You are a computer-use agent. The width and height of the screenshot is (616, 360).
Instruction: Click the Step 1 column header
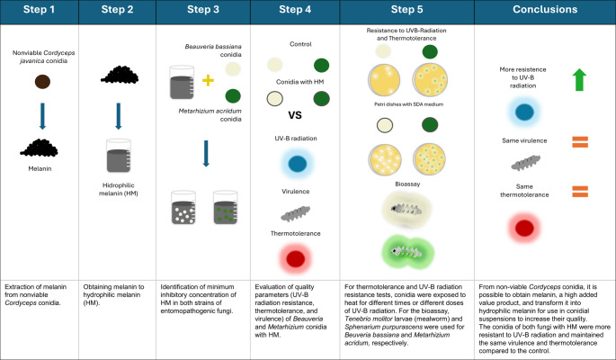39,9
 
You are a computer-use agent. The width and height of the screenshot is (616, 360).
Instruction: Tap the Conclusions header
545,9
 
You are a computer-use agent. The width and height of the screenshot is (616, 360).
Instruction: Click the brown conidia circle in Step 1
42,82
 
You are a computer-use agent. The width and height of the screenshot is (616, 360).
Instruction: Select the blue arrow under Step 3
206,153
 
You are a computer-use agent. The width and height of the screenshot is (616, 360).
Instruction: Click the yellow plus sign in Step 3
208,80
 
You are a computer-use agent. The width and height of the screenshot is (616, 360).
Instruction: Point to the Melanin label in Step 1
40,168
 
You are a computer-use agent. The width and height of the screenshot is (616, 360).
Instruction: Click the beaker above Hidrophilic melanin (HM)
118,156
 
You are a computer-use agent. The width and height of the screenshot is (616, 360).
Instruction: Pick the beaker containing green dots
226,208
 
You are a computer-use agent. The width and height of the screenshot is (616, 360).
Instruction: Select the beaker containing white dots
183,208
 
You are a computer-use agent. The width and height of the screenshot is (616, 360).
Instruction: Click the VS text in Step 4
295,115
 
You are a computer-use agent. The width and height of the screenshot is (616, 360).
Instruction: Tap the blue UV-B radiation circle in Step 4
298,164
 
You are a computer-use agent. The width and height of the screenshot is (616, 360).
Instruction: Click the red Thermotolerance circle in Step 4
296,259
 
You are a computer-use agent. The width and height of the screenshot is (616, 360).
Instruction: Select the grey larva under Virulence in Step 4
296,214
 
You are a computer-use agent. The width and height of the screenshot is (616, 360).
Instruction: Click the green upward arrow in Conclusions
579,80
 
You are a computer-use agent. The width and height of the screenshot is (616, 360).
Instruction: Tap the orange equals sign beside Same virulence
580,142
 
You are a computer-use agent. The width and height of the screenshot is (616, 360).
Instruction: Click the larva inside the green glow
407,251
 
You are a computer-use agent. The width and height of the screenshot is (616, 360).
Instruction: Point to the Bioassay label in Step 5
407,184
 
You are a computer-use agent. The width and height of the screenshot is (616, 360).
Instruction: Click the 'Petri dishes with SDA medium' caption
408,104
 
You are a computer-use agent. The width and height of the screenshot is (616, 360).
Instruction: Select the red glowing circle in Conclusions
524,228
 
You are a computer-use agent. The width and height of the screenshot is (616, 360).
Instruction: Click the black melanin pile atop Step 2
120,75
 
